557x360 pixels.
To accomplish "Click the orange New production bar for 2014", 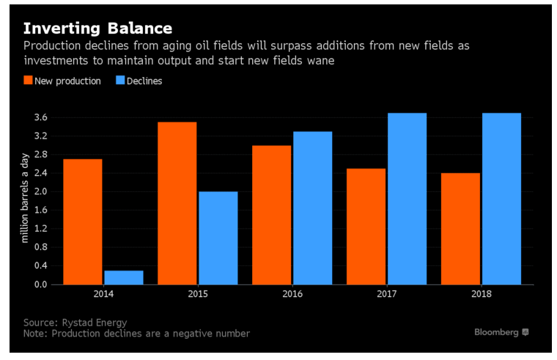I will point(82,221).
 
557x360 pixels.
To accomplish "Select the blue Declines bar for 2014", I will point(124,277).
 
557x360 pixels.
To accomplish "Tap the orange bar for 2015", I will point(177,203).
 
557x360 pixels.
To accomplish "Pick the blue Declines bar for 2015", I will point(218,238).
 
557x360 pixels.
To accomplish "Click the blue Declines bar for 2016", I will point(312,207).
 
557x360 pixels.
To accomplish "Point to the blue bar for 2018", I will point(501,199).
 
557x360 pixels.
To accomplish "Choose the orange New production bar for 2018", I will point(460,228).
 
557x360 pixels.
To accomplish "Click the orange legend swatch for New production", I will point(28,81).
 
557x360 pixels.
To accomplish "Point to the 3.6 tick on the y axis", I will point(40,117).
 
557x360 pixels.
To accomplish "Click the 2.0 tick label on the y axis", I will point(40,191).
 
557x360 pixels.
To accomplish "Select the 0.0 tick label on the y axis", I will point(40,284).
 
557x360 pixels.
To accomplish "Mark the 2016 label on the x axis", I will point(292,294).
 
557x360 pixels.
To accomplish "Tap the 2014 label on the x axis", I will point(103,294).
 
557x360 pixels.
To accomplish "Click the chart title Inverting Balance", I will point(97,29).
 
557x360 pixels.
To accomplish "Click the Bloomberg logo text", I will point(497,332).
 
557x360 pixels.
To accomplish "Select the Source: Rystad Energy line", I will point(75,322).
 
